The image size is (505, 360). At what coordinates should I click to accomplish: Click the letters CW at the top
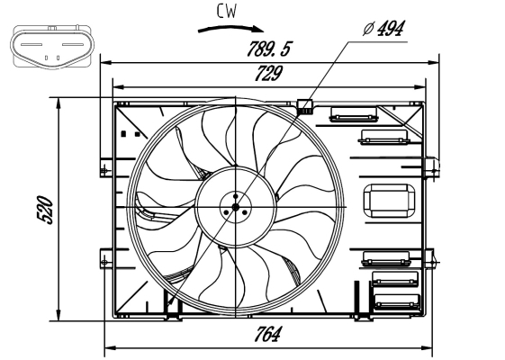tap(228, 11)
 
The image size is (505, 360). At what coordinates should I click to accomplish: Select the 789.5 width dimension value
tap(269, 49)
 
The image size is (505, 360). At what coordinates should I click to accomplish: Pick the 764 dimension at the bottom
tap(267, 335)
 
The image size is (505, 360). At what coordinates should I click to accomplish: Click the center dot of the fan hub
tap(235, 206)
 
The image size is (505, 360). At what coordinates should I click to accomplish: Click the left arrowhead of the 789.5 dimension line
tap(104, 62)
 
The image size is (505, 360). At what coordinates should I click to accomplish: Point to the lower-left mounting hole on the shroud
tap(104, 261)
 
